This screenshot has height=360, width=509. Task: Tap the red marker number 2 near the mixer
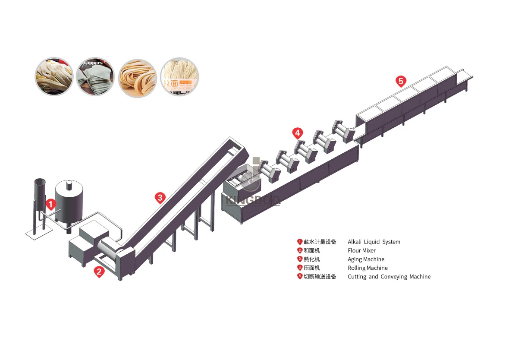pyautogui.click(x=99, y=271)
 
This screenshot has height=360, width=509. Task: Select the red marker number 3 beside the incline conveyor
pyautogui.click(x=160, y=198)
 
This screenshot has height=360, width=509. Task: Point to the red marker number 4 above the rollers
pyautogui.click(x=297, y=133)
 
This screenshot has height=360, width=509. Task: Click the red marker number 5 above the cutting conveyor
pyautogui.click(x=401, y=81)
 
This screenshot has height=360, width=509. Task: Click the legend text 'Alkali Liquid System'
pyautogui.click(x=374, y=242)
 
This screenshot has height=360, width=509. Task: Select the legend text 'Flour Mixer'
pyautogui.click(x=361, y=250)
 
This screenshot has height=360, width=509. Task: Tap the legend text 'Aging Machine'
pyautogui.click(x=366, y=259)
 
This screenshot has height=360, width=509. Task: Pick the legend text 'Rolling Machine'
pyautogui.click(x=368, y=268)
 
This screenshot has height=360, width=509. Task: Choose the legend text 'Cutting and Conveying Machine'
pyautogui.click(x=389, y=276)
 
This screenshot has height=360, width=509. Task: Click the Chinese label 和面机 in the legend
pyautogui.click(x=312, y=250)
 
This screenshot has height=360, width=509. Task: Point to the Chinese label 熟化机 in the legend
pyautogui.click(x=312, y=259)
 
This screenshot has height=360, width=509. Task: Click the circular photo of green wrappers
pyautogui.click(x=95, y=77)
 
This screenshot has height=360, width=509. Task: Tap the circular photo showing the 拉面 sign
pyautogui.click(x=179, y=77)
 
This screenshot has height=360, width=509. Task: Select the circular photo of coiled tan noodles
pyautogui.click(x=137, y=77)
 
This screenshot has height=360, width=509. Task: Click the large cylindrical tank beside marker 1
pyautogui.click(x=69, y=203)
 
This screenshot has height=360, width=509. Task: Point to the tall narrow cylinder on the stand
pyautogui.click(x=40, y=194)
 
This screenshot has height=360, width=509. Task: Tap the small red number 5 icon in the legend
pyautogui.click(x=300, y=276)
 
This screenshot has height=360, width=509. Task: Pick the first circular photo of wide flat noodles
pyautogui.click(x=53, y=77)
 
